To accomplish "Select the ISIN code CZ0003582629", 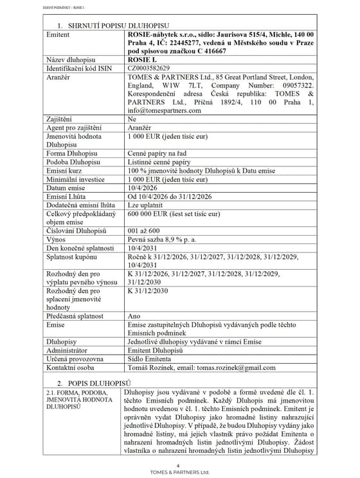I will (x=150, y=67).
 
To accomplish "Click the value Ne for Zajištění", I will (x=132, y=119).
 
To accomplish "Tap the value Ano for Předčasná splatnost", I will (x=134, y=315).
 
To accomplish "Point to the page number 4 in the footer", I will (x=180, y=465).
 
